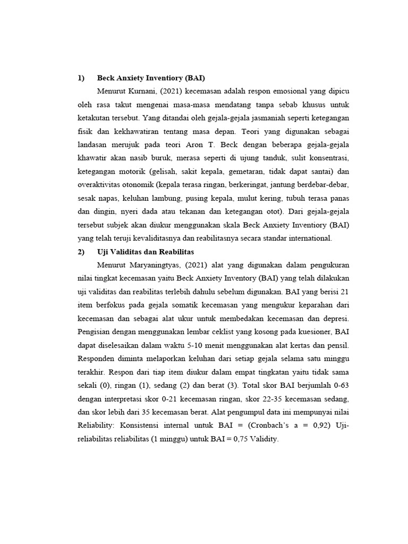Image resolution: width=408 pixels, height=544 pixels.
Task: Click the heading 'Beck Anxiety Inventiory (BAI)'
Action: [x=151, y=78]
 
